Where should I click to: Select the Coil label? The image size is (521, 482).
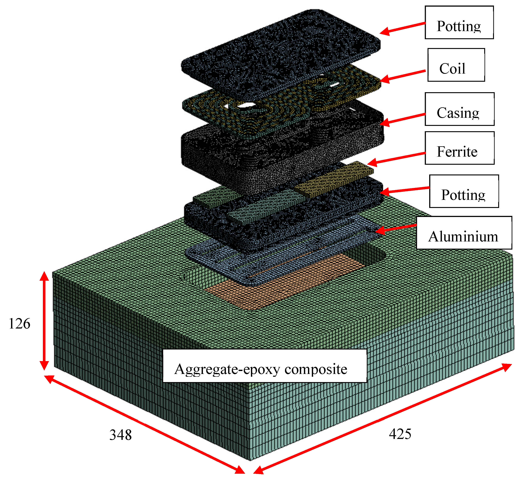[456, 65]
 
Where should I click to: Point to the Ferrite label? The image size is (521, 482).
[459, 148]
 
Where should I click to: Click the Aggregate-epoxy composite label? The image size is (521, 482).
[264, 366]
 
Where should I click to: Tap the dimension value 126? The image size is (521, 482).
[20, 324]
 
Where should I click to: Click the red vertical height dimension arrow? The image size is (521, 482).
[44, 321]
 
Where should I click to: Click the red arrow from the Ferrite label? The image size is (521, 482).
[396, 158]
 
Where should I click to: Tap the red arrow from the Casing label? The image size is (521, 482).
[403, 119]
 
